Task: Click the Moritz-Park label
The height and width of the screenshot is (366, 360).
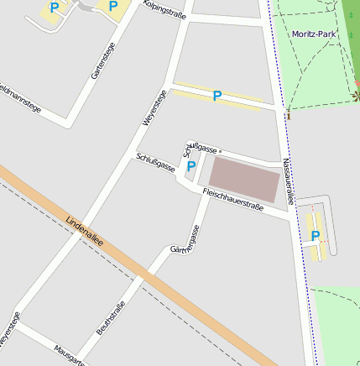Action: (315, 34)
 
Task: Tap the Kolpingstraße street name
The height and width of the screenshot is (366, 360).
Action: (164, 9)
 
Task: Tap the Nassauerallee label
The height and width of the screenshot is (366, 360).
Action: (288, 182)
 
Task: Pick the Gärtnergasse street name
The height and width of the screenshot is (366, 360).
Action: (185, 239)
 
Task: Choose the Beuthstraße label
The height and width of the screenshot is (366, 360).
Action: (111, 317)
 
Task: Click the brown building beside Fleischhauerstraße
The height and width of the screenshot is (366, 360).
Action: (243, 178)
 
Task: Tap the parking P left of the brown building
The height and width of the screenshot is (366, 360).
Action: (190, 166)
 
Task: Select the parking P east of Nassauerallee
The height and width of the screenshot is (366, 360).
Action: (316, 236)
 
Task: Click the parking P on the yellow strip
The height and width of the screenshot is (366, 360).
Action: (217, 97)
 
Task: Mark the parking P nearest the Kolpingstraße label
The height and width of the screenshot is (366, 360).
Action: (112, 7)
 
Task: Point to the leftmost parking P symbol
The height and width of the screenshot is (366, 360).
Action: (55, 8)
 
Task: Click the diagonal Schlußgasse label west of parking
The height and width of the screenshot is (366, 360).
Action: (155, 162)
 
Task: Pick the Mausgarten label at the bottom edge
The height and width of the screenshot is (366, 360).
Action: (69, 356)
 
